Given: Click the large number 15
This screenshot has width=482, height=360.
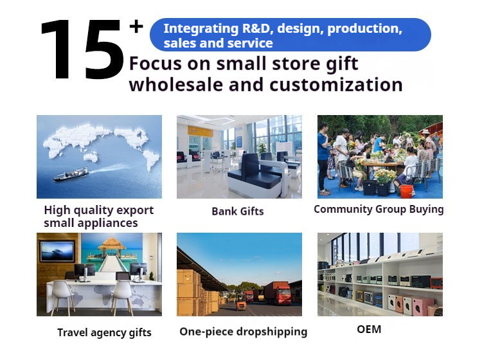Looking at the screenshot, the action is point(82,50).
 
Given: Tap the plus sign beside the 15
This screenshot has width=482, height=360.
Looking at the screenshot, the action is point(136,26).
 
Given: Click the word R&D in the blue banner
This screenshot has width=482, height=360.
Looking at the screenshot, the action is point(258,28).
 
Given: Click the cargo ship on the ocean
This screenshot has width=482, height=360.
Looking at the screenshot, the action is point(71,174).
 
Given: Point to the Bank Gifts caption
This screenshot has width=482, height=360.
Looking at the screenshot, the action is point(238,212).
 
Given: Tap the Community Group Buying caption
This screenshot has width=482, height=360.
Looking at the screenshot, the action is point(379,210).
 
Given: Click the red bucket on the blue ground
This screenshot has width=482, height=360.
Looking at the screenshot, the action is point(406,191).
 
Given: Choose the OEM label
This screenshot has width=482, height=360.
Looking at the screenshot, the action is point(369,329).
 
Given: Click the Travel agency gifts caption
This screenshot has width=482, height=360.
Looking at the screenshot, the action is point(104,332).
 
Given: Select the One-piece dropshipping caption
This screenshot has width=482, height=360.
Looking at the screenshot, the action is point(243,332).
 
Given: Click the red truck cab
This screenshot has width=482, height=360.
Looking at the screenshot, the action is point(283,294).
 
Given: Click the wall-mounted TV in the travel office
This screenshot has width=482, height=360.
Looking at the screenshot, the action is point(57,251).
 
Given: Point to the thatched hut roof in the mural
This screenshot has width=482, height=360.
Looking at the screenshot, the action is point(112,243).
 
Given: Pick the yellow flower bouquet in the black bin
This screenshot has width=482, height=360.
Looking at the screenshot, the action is point(384,176).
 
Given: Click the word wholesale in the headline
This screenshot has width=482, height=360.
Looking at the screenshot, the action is point(176,84).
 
